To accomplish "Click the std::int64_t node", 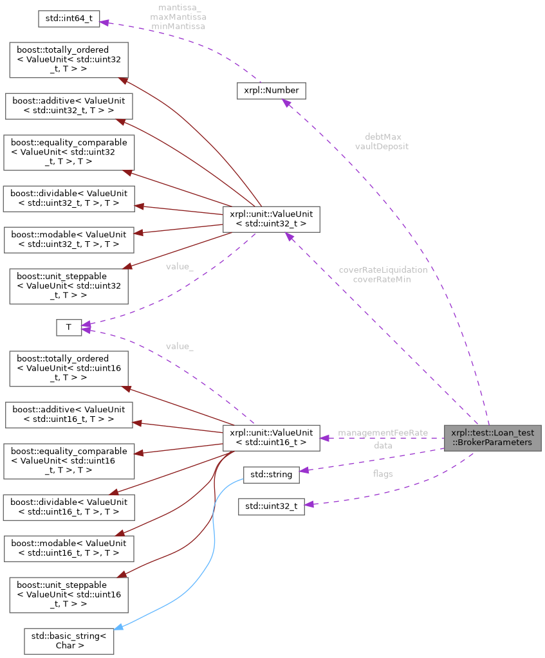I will click(69, 18).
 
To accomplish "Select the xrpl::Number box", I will click(272, 91).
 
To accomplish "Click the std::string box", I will click(271, 475).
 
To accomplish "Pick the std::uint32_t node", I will click(271, 506).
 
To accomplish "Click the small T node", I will click(68, 327).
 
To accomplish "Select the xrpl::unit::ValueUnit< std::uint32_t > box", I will click(271, 219).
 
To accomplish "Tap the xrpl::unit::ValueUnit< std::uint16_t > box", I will click(271, 437).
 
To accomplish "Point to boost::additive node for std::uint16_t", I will click(68, 414).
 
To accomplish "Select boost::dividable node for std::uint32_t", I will click(68, 199).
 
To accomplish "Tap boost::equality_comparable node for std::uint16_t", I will click(69, 461).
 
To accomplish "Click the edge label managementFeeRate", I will click(383, 433).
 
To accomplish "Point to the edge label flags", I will click(383, 474).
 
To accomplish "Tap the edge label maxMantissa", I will click(178, 18).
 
